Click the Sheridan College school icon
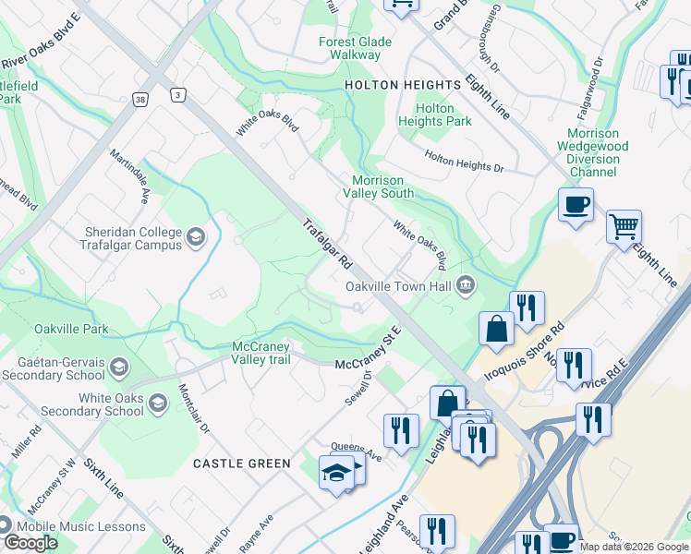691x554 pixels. point(195,238)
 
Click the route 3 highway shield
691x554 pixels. point(176,94)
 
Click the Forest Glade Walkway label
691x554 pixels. point(356,48)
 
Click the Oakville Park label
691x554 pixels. point(71,329)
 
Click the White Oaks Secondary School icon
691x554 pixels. point(157,403)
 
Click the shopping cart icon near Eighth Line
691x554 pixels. point(624,226)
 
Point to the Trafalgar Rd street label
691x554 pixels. point(327,244)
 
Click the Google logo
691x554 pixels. point(30,543)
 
